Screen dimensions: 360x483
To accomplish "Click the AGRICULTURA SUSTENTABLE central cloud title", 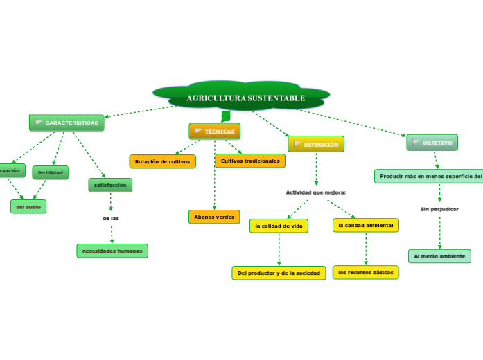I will click(x=245, y=98).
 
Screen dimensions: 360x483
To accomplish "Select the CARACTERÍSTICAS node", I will click(x=67, y=123).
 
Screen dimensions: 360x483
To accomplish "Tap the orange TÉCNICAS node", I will click(x=215, y=131).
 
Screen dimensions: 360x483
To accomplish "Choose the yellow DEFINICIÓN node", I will click(x=316, y=144).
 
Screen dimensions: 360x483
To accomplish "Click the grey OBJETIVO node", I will click(x=432, y=143).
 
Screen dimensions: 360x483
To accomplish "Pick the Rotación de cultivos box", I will click(x=162, y=161).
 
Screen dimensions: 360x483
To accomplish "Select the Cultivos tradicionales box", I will click(x=250, y=161).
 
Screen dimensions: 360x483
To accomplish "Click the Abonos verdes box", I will click(x=214, y=217).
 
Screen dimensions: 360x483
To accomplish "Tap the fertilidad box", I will click(x=51, y=172).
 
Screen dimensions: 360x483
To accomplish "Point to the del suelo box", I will click(x=28, y=206).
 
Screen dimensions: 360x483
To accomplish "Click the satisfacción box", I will click(x=110, y=185).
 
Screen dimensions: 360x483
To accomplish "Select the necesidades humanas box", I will click(x=112, y=251).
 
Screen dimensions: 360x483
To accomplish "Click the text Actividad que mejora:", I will click(x=315, y=192).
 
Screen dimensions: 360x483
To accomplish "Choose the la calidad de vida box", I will click(x=279, y=226).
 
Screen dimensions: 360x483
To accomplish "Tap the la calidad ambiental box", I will click(x=365, y=225).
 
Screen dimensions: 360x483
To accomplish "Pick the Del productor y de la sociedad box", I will click(x=279, y=273).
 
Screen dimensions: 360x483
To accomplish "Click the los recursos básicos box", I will click(x=365, y=272).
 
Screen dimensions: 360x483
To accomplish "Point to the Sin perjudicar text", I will click(x=439, y=208).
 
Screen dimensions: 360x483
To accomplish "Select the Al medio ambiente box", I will click(x=439, y=256).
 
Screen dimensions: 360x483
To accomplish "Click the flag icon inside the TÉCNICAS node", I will click(x=199, y=131).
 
